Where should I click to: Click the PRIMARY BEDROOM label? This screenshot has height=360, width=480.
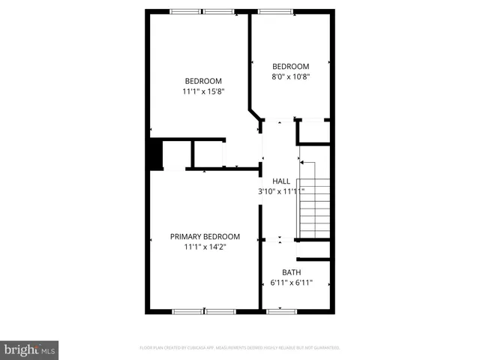pos(205,236)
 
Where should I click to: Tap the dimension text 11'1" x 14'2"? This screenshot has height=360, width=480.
pos(205,247)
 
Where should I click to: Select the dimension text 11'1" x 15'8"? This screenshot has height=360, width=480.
pos(203,91)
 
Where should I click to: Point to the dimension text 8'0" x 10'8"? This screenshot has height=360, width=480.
pos(291,76)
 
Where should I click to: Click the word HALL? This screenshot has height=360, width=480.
pos(281,181)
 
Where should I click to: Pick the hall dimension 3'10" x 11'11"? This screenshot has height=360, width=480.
pos(281,191)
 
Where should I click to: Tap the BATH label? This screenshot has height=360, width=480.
pos(291,272)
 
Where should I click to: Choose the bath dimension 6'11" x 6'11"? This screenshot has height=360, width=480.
pos(291,283)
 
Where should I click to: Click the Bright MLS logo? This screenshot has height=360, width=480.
pos(29,349)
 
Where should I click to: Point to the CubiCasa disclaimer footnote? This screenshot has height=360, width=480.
pos(240,348)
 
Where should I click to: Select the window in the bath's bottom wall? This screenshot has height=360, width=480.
pos(280,310)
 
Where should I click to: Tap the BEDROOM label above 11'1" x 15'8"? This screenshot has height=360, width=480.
pos(203,81)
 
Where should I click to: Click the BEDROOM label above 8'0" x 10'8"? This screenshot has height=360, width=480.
pos(291,66)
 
